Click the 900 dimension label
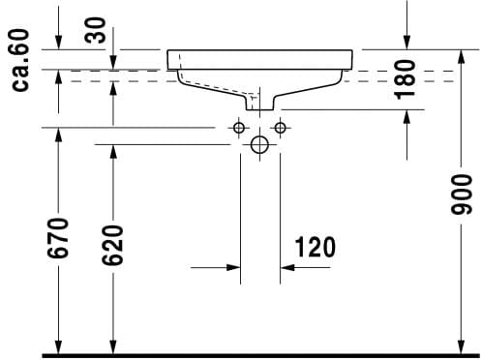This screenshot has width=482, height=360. (462, 195)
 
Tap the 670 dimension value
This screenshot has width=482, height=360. (58, 238)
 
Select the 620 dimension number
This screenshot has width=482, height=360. (112, 246)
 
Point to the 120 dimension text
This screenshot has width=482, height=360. (316, 248)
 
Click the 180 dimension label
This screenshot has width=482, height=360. (406, 79)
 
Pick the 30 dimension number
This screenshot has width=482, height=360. (95, 30)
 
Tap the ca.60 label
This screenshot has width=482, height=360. (20, 60)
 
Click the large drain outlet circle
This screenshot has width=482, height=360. (259, 145)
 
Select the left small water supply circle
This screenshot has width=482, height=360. (239, 128)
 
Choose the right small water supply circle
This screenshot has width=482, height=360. (280, 128)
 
